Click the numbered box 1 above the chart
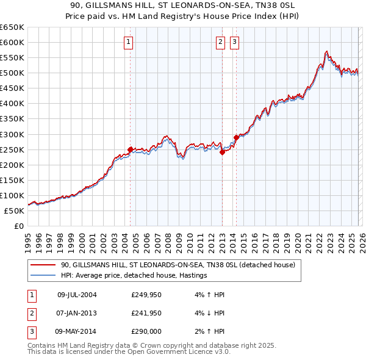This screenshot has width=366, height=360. coord(129,42)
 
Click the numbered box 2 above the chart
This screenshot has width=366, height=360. coord(220,42)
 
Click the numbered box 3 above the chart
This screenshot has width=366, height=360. coord(235,42)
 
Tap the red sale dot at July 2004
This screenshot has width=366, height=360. coord(130,149)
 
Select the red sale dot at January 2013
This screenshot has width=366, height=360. coord(222,153)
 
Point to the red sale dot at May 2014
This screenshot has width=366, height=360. coord(236,137)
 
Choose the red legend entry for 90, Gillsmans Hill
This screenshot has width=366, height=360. coord(178,265)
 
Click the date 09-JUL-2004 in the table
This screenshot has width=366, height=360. coord(77,295)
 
